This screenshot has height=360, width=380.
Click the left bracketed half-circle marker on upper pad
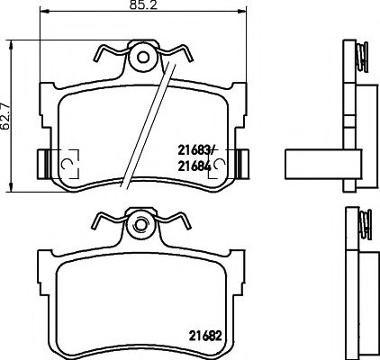pos(65,162)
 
